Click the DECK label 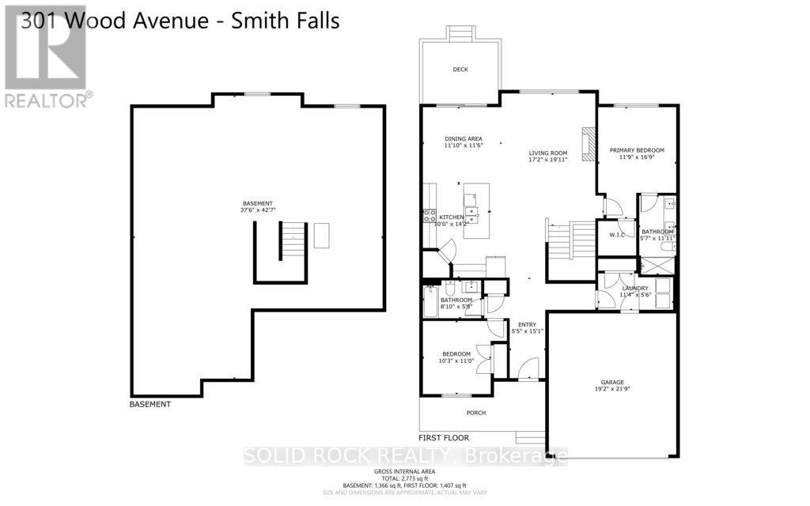pos(460,70)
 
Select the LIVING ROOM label pos(548,153)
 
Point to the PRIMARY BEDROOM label pos(637,150)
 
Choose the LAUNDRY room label pos(635,288)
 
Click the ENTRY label pos(527,324)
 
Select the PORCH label pos(475,413)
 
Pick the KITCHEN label pos(452,217)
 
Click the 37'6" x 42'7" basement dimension pos(258,210)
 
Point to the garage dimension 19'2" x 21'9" pos(610,389)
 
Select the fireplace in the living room pos(586,144)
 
